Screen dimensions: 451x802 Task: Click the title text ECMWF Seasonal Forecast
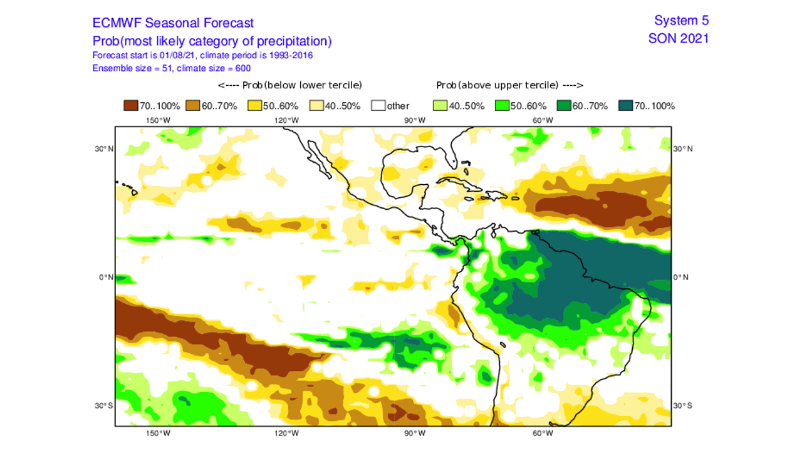[x=173, y=23]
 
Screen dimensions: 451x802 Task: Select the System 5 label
[x=681, y=21]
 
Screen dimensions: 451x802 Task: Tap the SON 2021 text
[x=679, y=38]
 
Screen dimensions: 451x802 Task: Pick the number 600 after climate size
[x=244, y=67]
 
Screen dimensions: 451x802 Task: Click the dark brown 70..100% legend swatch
[x=131, y=106]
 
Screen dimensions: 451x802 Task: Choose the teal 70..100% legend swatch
[x=625, y=106]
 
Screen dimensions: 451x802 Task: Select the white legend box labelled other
[x=378, y=106]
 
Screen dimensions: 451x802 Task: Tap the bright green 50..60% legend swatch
[x=502, y=106]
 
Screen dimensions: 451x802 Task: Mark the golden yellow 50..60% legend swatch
[x=254, y=106]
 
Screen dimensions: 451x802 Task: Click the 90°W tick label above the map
[x=415, y=120]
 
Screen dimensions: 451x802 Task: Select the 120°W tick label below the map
[x=286, y=433]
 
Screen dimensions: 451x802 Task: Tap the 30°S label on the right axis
[x=683, y=405]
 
